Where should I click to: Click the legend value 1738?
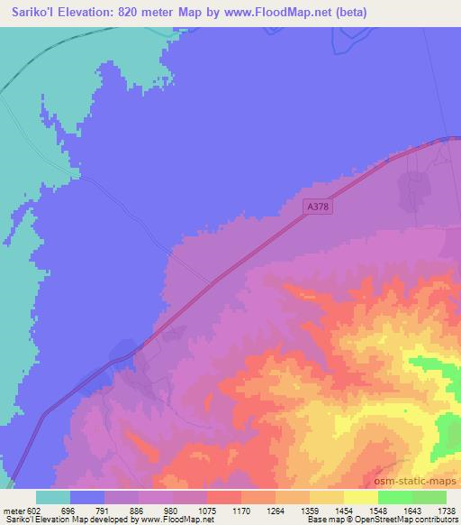445,510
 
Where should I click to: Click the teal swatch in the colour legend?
53,497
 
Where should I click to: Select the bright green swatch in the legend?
394,497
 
